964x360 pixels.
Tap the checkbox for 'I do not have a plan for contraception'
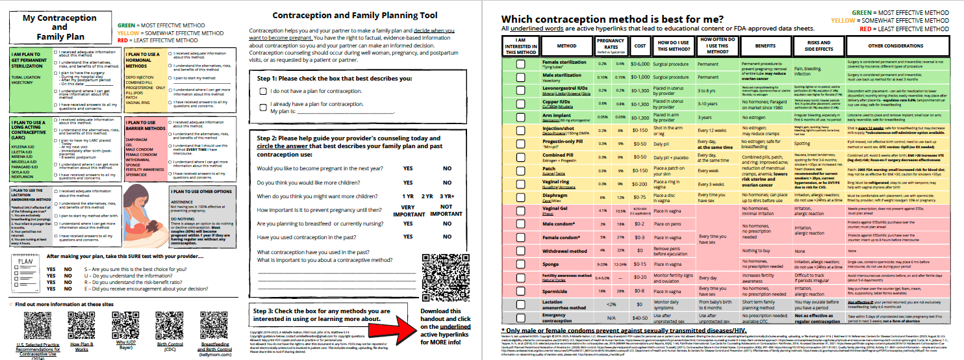coord(263,92)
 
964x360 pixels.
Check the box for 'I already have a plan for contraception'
coord(263,104)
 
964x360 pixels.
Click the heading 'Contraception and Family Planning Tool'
coord(355,16)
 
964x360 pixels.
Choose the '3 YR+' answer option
coord(446,196)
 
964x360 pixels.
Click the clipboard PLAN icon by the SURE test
coord(24,268)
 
